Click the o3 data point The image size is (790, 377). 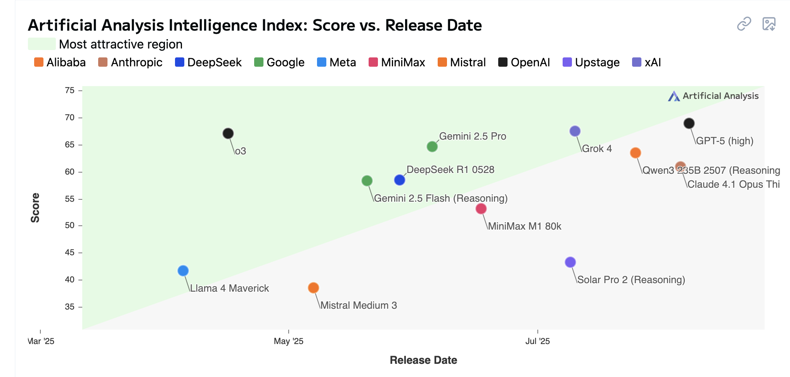(x=228, y=133)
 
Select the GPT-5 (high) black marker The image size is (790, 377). (x=689, y=123)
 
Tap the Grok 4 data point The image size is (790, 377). (x=575, y=131)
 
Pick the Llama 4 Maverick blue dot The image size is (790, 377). (x=183, y=271)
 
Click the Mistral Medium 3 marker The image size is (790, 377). (x=314, y=288)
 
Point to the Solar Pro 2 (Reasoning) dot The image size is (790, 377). (x=570, y=262)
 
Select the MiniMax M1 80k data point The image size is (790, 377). (x=481, y=209)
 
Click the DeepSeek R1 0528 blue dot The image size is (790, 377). (x=400, y=180)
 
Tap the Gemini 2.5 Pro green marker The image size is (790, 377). (x=432, y=147)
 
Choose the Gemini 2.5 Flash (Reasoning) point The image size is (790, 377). (x=367, y=181)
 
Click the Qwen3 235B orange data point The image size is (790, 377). (x=636, y=153)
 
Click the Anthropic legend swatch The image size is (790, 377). (x=103, y=62)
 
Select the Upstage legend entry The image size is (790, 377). (x=591, y=62)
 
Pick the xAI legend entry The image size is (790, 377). (x=646, y=62)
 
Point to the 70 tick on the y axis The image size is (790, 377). (x=70, y=118)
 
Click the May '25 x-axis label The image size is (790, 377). (x=288, y=341)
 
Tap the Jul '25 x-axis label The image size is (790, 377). (x=537, y=341)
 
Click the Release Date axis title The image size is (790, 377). (x=423, y=360)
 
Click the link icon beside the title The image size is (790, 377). (x=744, y=24)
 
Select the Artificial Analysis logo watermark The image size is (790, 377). (x=713, y=96)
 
